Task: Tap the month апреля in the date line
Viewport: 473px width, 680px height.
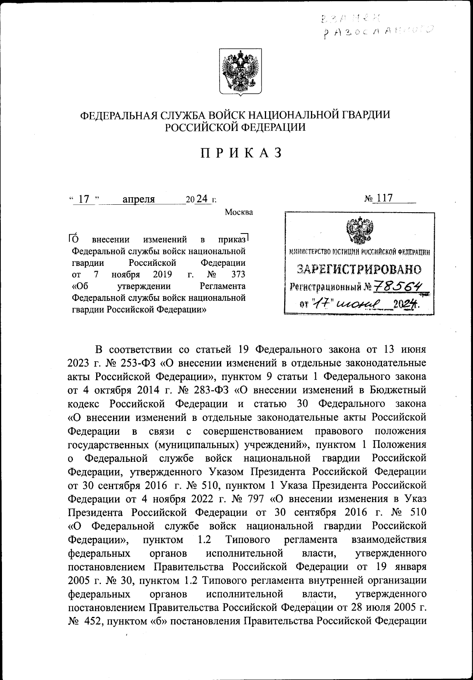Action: [138, 200]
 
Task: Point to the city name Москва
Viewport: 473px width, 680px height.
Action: [239, 213]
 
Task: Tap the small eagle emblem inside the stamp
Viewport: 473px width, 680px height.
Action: [359, 231]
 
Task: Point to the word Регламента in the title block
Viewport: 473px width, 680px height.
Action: [223, 286]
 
